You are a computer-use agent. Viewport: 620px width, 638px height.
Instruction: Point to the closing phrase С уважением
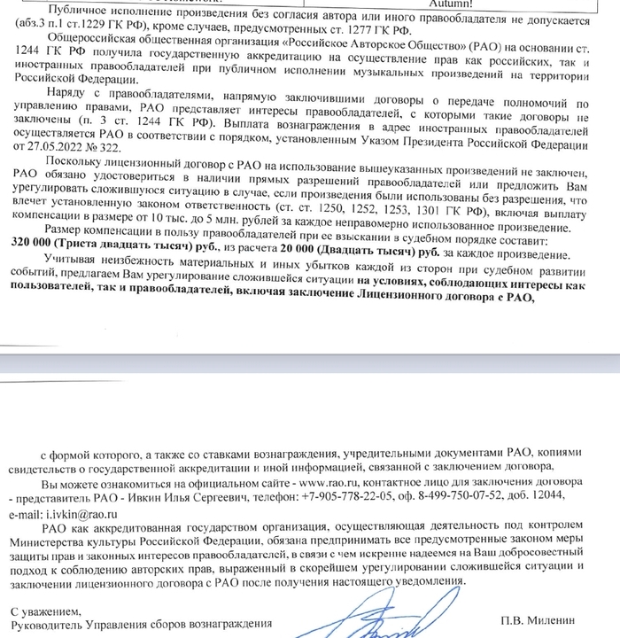pos(46,611)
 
